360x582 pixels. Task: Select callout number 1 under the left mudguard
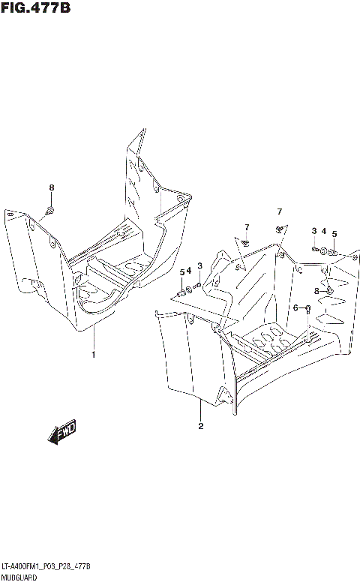(x=94, y=354)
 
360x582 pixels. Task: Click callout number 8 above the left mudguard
(x=51, y=187)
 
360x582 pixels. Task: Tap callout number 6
(x=296, y=307)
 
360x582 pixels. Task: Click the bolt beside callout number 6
(x=307, y=309)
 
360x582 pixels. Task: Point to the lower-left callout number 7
(x=245, y=227)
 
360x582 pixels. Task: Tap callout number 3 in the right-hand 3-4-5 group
(x=314, y=232)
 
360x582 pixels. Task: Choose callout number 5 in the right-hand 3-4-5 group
(x=334, y=234)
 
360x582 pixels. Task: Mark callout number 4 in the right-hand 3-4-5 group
(x=323, y=232)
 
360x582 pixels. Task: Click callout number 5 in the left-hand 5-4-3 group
(x=181, y=272)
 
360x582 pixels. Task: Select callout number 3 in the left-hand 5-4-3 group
(x=199, y=265)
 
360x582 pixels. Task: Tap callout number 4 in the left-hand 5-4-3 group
(x=189, y=270)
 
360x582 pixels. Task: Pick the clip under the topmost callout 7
(x=279, y=227)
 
